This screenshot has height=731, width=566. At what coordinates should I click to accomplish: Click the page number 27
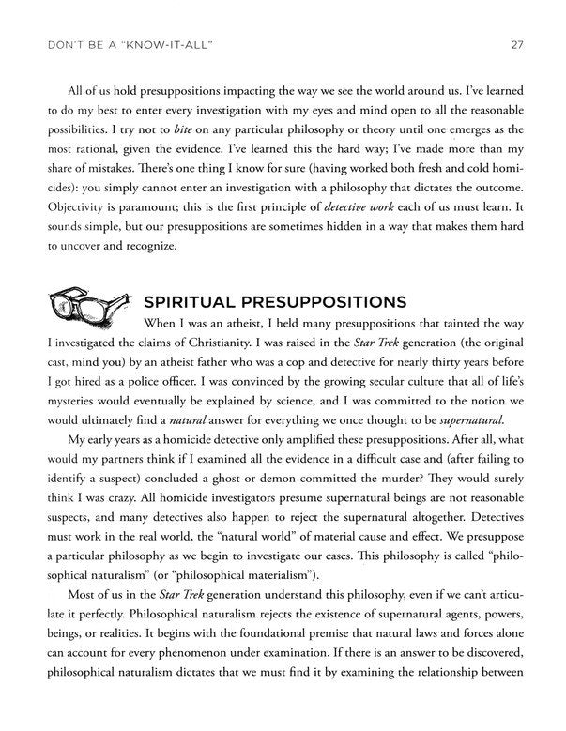516,43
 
